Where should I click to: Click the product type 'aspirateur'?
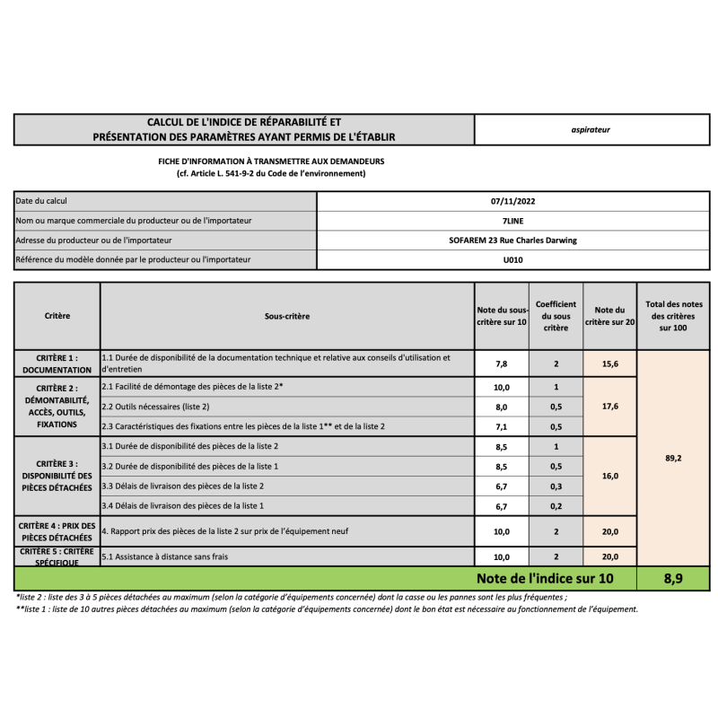[591, 129]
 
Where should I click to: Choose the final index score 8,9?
[673, 579]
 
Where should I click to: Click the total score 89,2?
[673, 458]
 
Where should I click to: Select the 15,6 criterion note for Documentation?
[609, 363]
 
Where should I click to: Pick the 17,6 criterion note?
[609, 406]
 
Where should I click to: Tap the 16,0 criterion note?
[609, 476]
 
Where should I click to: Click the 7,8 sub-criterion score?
[502, 363]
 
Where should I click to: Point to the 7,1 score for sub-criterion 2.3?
[502, 426]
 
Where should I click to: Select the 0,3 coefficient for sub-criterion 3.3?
[556, 486]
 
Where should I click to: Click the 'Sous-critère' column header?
[287, 316]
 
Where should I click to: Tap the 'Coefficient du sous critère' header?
[556, 316]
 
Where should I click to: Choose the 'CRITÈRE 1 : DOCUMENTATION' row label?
[57, 363]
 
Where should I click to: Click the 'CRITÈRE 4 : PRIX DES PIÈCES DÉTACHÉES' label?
[57, 530]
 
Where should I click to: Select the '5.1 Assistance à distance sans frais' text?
[165, 556]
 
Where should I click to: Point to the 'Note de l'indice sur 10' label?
[545, 579]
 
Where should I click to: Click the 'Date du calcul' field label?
[42, 201]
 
